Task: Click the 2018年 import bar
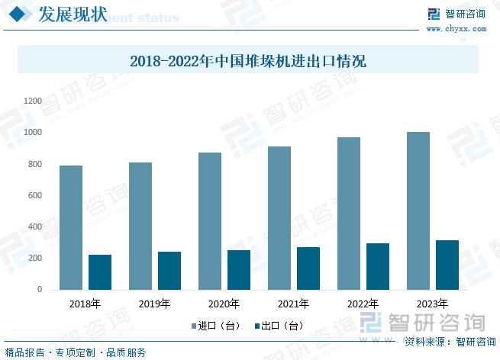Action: pyautogui.click(x=71, y=227)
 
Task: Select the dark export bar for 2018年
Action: pyautogui.click(x=100, y=272)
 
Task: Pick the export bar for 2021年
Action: pyautogui.click(x=308, y=268)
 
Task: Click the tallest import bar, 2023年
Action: pyautogui.click(x=418, y=211)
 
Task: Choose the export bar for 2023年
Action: pyautogui.click(x=447, y=265)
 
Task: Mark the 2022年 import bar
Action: pyautogui.click(x=349, y=214)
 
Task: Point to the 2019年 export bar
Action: pyautogui.click(x=169, y=271)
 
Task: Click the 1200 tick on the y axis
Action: pyautogui.click(x=33, y=101)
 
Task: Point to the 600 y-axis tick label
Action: pyautogui.click(x=34, y=195)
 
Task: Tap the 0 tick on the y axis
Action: pyautogui.click(x=40, y=290)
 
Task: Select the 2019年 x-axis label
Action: pyautogui.click(x=154, y=304)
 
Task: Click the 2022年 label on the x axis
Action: pyautogui.click(x=363, y=304)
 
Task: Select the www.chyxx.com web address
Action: pyautogui.click(x=456, y=28)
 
